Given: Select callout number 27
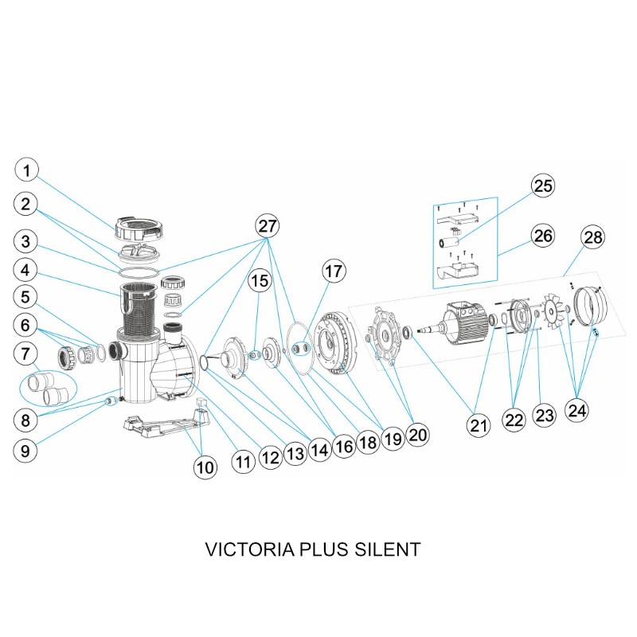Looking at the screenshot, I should [268, 226].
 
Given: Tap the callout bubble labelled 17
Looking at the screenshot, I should [334, 271].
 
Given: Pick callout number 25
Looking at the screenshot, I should [543, 186].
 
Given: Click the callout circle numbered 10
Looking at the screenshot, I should [205, 467].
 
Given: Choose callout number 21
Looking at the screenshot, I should [478, 426].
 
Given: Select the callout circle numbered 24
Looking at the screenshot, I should [576, 409].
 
